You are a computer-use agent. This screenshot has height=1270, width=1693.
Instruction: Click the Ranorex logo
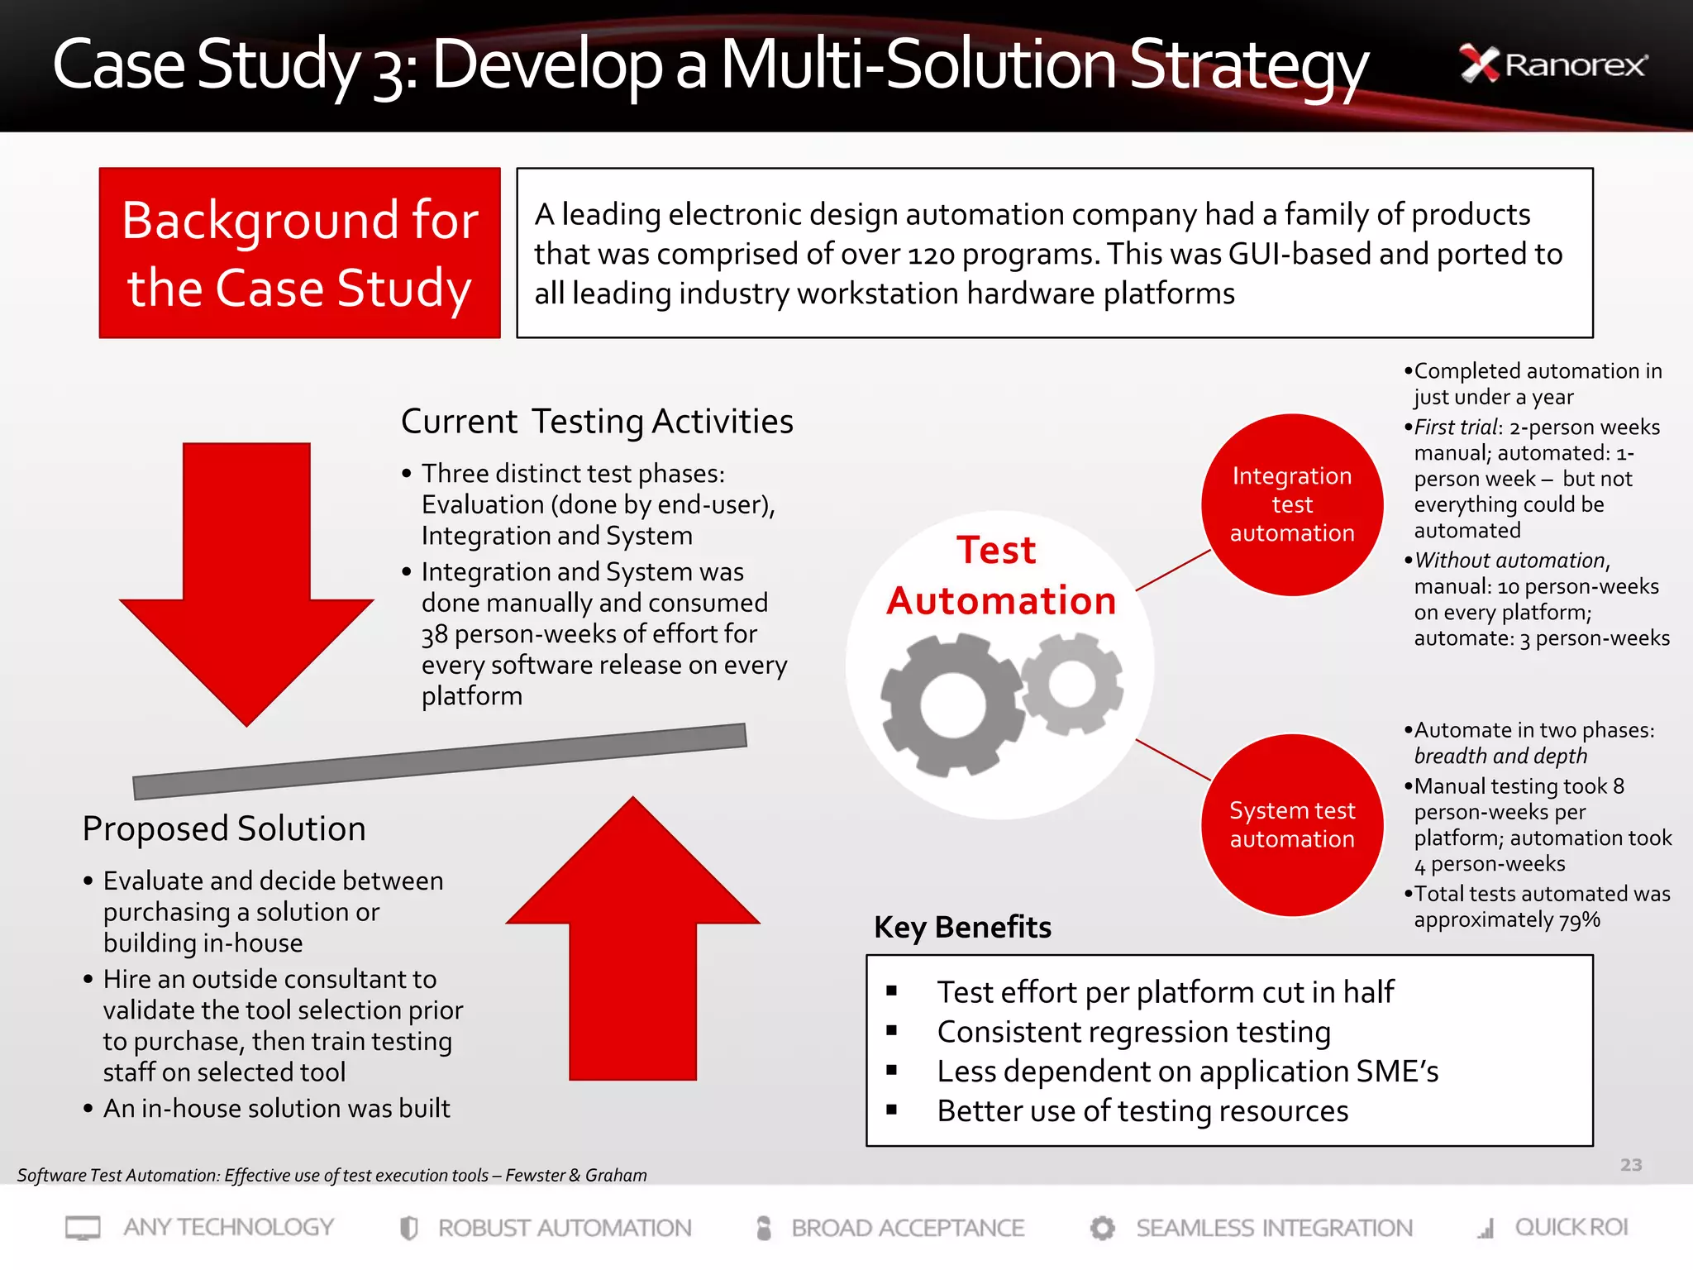click(x=1553, y=64)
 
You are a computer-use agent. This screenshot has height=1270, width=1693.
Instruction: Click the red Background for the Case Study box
click(x=299, y=253)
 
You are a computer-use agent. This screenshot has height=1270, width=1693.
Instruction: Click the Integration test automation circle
click(x=1292, y=504)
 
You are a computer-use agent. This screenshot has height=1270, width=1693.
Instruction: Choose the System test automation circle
click(x=1292, y=824)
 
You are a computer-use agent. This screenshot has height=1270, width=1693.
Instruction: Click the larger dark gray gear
click(x=952, y=705)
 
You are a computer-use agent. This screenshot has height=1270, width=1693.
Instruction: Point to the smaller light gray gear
click(x=1072, y=684)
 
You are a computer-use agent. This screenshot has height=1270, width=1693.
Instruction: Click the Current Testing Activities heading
click(x=597, y=422)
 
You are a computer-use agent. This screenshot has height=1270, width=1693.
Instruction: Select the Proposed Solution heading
click(x=224, y=828)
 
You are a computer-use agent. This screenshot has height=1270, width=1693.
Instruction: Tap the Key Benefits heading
click(x=962, y=928)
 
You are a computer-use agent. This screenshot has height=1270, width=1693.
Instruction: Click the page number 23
click(x=1630, y=1165)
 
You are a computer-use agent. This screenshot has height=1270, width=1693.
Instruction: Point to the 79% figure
click(x=1579, y=920)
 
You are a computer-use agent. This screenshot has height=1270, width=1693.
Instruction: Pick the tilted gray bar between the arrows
click(x=440, y=762)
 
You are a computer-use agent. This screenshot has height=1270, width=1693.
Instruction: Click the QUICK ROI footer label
click(x=1571, y=1227)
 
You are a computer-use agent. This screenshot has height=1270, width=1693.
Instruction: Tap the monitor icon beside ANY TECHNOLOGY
click(x=83, y=1228)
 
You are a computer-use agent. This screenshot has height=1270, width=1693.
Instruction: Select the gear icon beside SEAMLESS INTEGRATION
click(x=1102, y=1228)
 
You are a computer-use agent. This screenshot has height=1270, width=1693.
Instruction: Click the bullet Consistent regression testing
click(x=1133, y=1032)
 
